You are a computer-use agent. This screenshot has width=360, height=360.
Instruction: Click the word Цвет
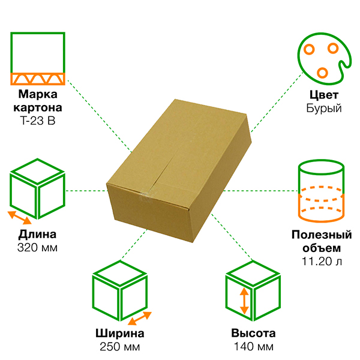323,95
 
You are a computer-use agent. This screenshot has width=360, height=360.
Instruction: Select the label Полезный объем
322,241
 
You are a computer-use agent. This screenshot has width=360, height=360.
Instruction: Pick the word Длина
37,234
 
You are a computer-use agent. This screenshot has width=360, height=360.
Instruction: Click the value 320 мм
37,247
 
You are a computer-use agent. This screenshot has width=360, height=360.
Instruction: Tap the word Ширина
120,334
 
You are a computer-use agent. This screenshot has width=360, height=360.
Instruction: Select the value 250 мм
120,347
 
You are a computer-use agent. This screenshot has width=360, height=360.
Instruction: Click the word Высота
253,334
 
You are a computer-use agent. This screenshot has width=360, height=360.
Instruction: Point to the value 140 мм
253,347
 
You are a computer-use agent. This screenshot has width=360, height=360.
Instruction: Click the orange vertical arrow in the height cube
244,302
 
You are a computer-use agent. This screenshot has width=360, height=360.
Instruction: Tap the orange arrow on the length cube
19,217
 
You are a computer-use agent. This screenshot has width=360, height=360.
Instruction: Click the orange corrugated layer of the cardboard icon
38,79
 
